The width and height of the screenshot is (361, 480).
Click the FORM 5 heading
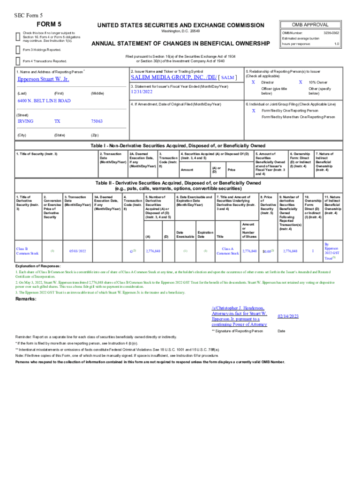pos(49,24)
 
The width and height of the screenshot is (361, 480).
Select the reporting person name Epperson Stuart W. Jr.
pos(43,79)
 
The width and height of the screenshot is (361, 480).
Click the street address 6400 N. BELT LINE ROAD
pos(44,101)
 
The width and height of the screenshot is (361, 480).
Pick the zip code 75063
pos(97,121)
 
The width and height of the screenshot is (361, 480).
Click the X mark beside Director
pos(253,82)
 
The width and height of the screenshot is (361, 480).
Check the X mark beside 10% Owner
pos(301,82)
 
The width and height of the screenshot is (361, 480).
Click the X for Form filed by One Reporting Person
pos(253,111)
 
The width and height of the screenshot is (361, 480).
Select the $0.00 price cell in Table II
pos(268,252)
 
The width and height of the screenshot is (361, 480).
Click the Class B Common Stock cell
pos(27,251)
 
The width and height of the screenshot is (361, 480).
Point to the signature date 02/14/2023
pos(288,317)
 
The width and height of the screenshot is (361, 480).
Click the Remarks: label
pos(27,299)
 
